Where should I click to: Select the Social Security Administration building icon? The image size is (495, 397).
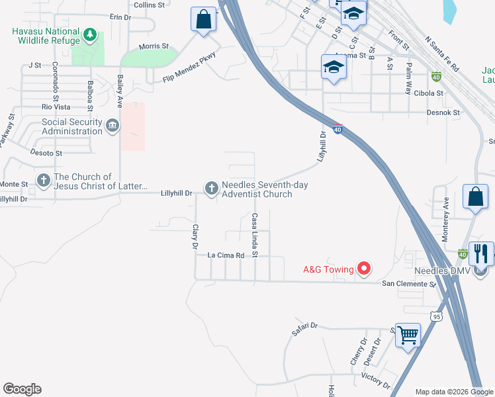point(112,126)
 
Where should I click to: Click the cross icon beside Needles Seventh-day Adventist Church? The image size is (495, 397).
point(212,189)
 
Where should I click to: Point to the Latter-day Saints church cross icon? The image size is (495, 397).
point(43,180)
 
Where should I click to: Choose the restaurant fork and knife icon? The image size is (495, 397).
point(480,253)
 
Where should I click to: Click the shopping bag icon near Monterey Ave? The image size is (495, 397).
point(475,197)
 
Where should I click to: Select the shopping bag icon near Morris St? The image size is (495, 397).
point(204,19)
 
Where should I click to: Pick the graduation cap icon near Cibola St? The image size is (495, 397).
point(333,67)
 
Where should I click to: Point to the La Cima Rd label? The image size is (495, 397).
point(226,255)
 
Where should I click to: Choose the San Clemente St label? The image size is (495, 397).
point(409,283)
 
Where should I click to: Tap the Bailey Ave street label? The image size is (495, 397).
point(120,91)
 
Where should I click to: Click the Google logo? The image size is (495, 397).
point(22,389)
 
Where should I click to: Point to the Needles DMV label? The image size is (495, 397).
point(442,271)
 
